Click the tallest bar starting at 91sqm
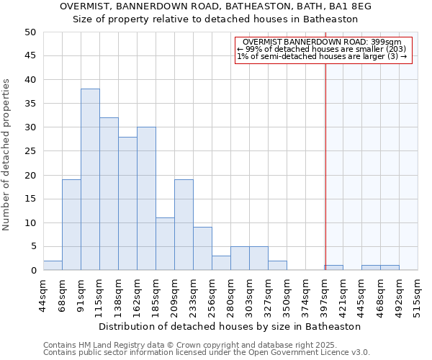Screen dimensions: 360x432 [90, 179]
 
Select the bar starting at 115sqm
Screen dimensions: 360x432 [109, 194]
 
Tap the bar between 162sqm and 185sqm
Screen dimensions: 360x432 [146, 199]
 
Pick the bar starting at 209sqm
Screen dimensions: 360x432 [184, 225]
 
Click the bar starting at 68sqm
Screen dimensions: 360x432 [71, 225]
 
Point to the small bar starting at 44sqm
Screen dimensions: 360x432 [53, 266]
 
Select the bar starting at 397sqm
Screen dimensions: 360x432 [334, 268]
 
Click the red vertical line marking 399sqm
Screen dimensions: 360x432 [325, 158]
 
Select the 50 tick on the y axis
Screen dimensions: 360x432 [30, 32]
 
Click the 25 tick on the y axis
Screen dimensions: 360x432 [30, 151]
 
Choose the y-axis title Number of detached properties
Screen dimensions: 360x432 [7, 155]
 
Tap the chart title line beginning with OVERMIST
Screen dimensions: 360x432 [216, 6]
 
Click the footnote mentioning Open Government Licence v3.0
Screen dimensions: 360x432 [207, 352]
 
